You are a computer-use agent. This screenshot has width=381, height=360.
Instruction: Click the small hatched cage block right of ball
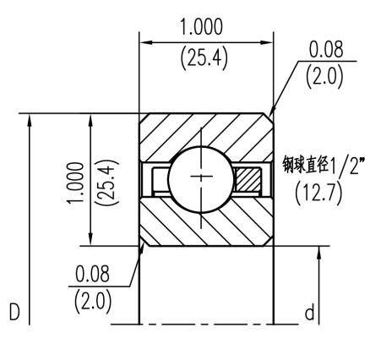click(x=249, y=179)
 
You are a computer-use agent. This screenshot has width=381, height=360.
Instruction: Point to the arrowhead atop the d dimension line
click(x=319, y=251)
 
